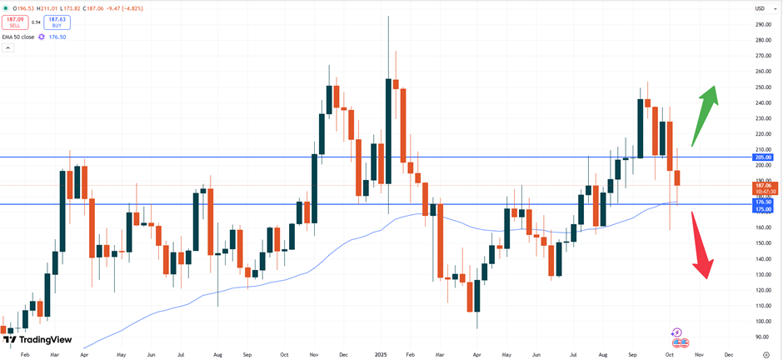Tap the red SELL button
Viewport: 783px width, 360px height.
[x=15, y=22]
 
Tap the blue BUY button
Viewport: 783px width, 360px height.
[x=57, y=22]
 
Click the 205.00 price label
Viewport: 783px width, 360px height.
[x=763, y=157]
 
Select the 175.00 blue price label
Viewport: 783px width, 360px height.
[x=763, y=208]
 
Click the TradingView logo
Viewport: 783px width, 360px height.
[x=37, y=340]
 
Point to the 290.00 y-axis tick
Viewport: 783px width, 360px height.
[x=762, y=25]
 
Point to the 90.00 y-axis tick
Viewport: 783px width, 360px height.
[x=762, y=337]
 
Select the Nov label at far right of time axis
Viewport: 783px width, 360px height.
[x=699, y=354]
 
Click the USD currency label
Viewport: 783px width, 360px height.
[x=759, y=8]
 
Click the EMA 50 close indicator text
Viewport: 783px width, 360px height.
[x=18, y=37]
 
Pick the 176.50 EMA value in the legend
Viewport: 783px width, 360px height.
[x=57, y=37]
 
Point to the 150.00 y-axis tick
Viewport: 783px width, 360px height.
[x=762, y=243]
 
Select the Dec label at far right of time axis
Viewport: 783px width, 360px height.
[x=729, y=354]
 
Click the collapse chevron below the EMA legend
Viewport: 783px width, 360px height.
[x=7, y=48]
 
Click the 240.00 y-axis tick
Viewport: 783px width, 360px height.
[x=762, y=103]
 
